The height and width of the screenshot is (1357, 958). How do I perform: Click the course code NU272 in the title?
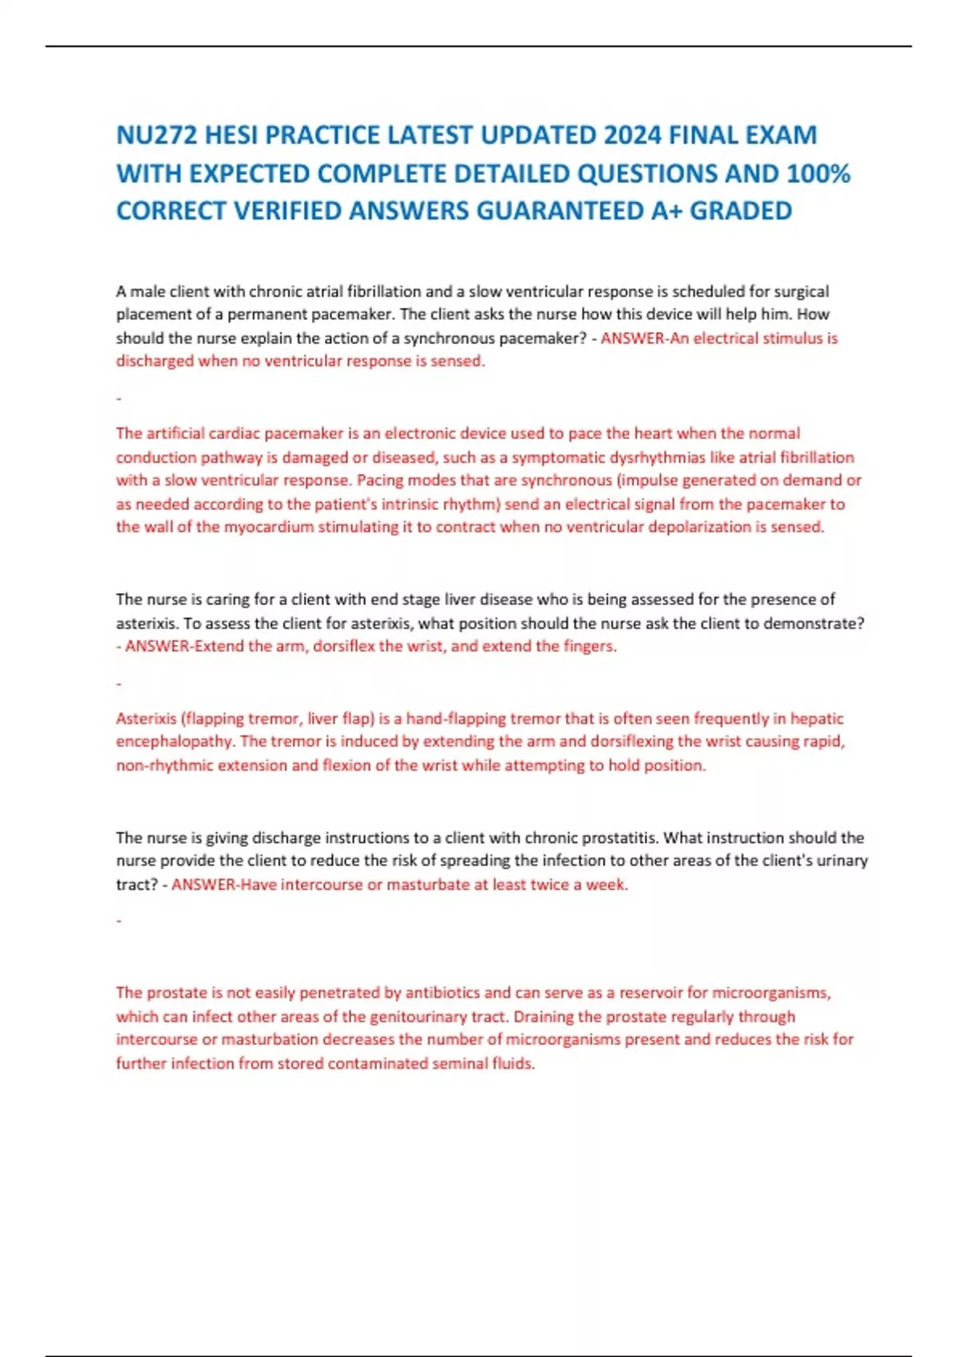point(156,135)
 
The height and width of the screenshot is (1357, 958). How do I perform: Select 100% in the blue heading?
point(818,173)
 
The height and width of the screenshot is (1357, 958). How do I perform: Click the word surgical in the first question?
point(801,291)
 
